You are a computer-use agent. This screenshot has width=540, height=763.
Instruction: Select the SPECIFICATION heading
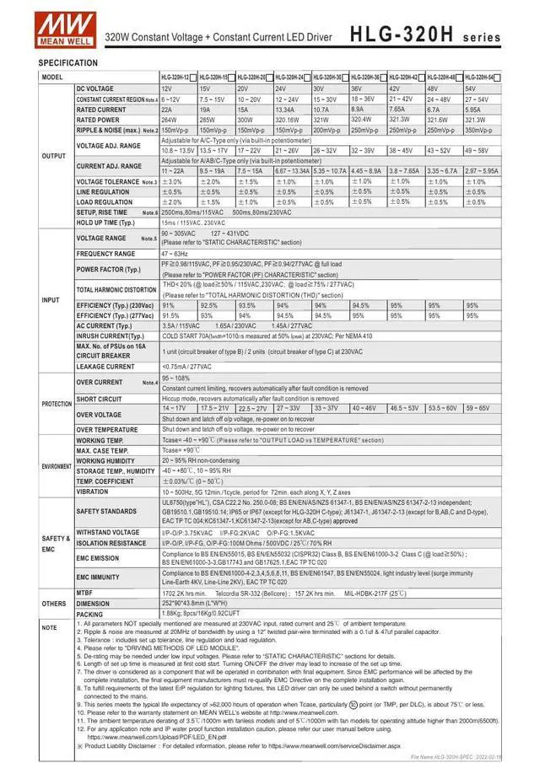[x=67, y=63]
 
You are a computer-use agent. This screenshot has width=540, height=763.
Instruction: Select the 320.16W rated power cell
[x=291, y=120]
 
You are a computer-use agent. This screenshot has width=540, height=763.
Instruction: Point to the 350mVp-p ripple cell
[x=480, y=130]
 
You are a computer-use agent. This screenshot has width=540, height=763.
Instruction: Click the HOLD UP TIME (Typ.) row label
[x=105, y=223]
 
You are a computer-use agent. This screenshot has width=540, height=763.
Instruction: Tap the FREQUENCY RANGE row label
[x=105, y=254]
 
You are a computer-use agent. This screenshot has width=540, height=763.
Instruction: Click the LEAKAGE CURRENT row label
[x=105, y=367]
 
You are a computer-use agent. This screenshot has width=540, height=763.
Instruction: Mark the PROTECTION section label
[x=57, y=404]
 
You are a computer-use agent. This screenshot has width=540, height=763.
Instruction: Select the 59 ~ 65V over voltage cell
[x=480, y=408]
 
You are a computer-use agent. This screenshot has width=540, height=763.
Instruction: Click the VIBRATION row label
[x=92, y=492]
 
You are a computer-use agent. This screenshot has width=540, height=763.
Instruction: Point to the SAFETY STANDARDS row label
[x=106, y=511]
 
